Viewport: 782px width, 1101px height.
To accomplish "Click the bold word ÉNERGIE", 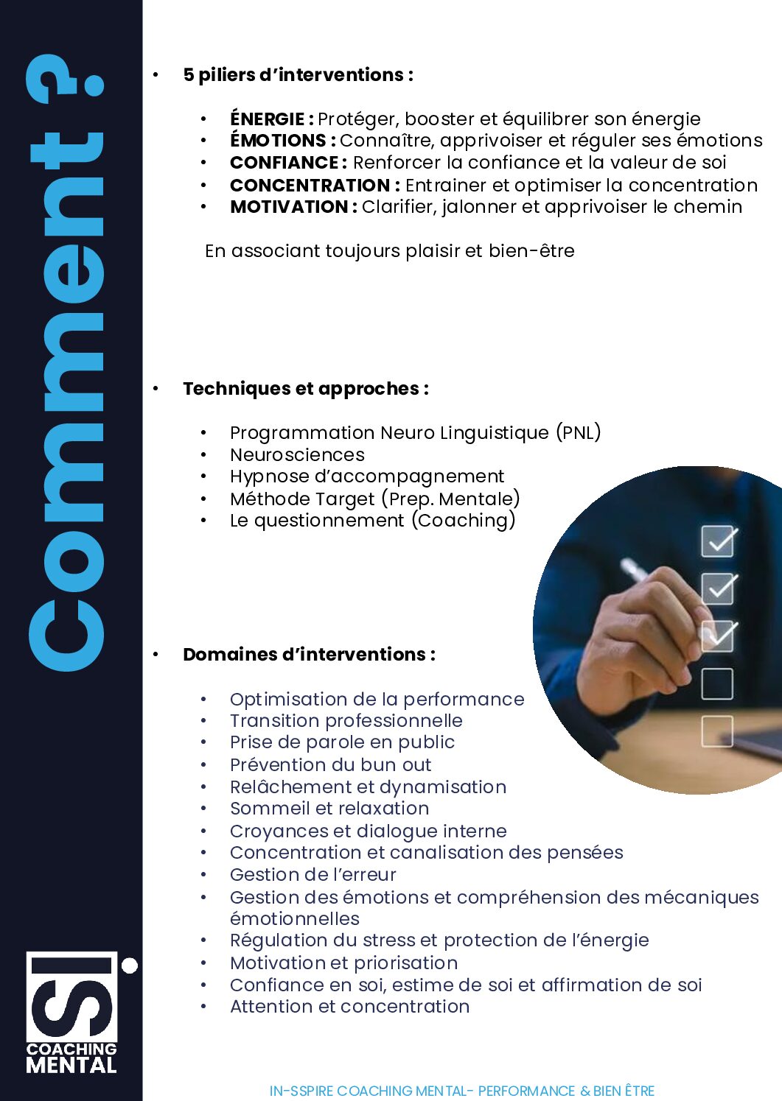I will coord(267,119).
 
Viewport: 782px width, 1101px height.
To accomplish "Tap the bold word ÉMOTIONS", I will coord(277,141).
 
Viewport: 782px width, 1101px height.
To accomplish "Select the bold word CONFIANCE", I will coord(284,163).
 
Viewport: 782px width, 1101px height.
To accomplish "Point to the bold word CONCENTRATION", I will coord(310,185).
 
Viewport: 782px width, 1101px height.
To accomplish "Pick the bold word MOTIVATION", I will coord(288,207).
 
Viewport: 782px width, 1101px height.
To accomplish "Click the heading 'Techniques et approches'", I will coord(305,389).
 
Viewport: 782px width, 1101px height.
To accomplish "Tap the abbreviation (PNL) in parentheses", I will coord(578,432).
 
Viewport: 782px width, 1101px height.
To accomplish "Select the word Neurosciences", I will coord(297,454).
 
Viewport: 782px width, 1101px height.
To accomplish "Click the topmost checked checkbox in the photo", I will coord(717,541).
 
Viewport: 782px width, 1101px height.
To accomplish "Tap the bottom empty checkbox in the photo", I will coord(716,731).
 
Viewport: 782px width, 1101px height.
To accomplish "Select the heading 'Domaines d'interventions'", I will coord(309,655).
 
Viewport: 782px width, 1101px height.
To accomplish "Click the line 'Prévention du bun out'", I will coord(330,764).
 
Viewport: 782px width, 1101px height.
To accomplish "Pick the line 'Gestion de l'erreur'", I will coord(313,875).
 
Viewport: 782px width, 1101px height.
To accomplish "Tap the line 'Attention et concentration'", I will coord(349,1007).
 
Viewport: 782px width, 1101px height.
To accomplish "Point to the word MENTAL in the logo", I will coord(71,1065).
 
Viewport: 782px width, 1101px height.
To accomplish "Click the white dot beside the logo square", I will coord(130,965).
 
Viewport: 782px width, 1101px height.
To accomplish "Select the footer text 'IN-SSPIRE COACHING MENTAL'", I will coord(368,1091).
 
